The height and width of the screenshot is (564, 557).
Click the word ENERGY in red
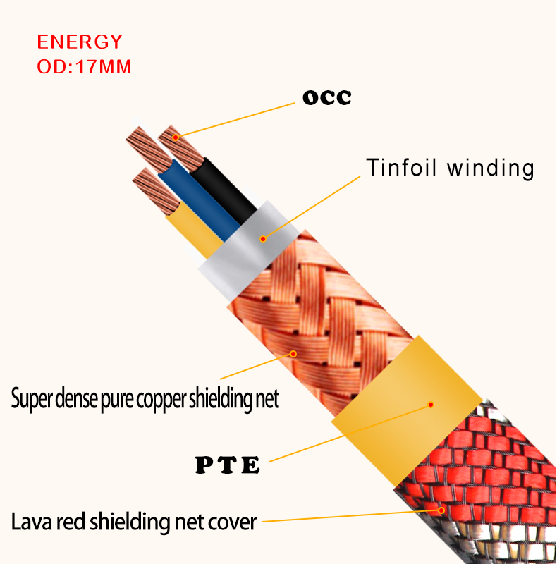tap(79, 42)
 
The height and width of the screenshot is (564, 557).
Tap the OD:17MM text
tap(84, 68)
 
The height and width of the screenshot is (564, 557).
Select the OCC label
tap(326, 97)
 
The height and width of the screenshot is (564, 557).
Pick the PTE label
tap(227, 465)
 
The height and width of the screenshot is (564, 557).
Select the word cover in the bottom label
tap(230, 522)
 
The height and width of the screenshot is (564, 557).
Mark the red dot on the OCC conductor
tap(176, 136)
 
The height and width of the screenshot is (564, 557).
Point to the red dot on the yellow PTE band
tap(430, 405)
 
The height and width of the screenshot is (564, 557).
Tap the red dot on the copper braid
tap(294, 353)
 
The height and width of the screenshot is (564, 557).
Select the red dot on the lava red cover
tap(442, 509)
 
